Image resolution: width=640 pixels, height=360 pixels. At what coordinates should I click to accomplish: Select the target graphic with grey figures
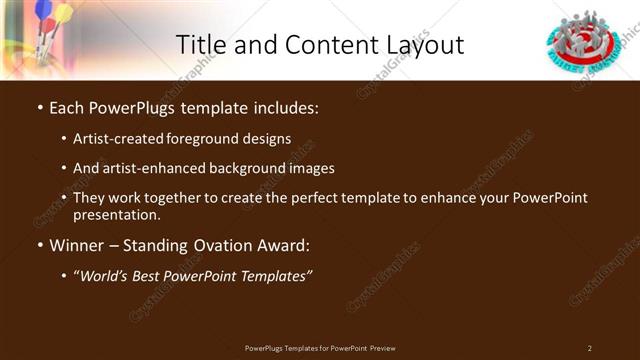tap(586, 39)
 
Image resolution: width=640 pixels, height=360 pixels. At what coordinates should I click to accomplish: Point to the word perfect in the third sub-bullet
tap(302, 198)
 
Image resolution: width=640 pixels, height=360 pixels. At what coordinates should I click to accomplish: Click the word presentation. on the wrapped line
tap(116, 214)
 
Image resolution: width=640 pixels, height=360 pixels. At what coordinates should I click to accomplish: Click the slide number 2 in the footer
tap(589, 348)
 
